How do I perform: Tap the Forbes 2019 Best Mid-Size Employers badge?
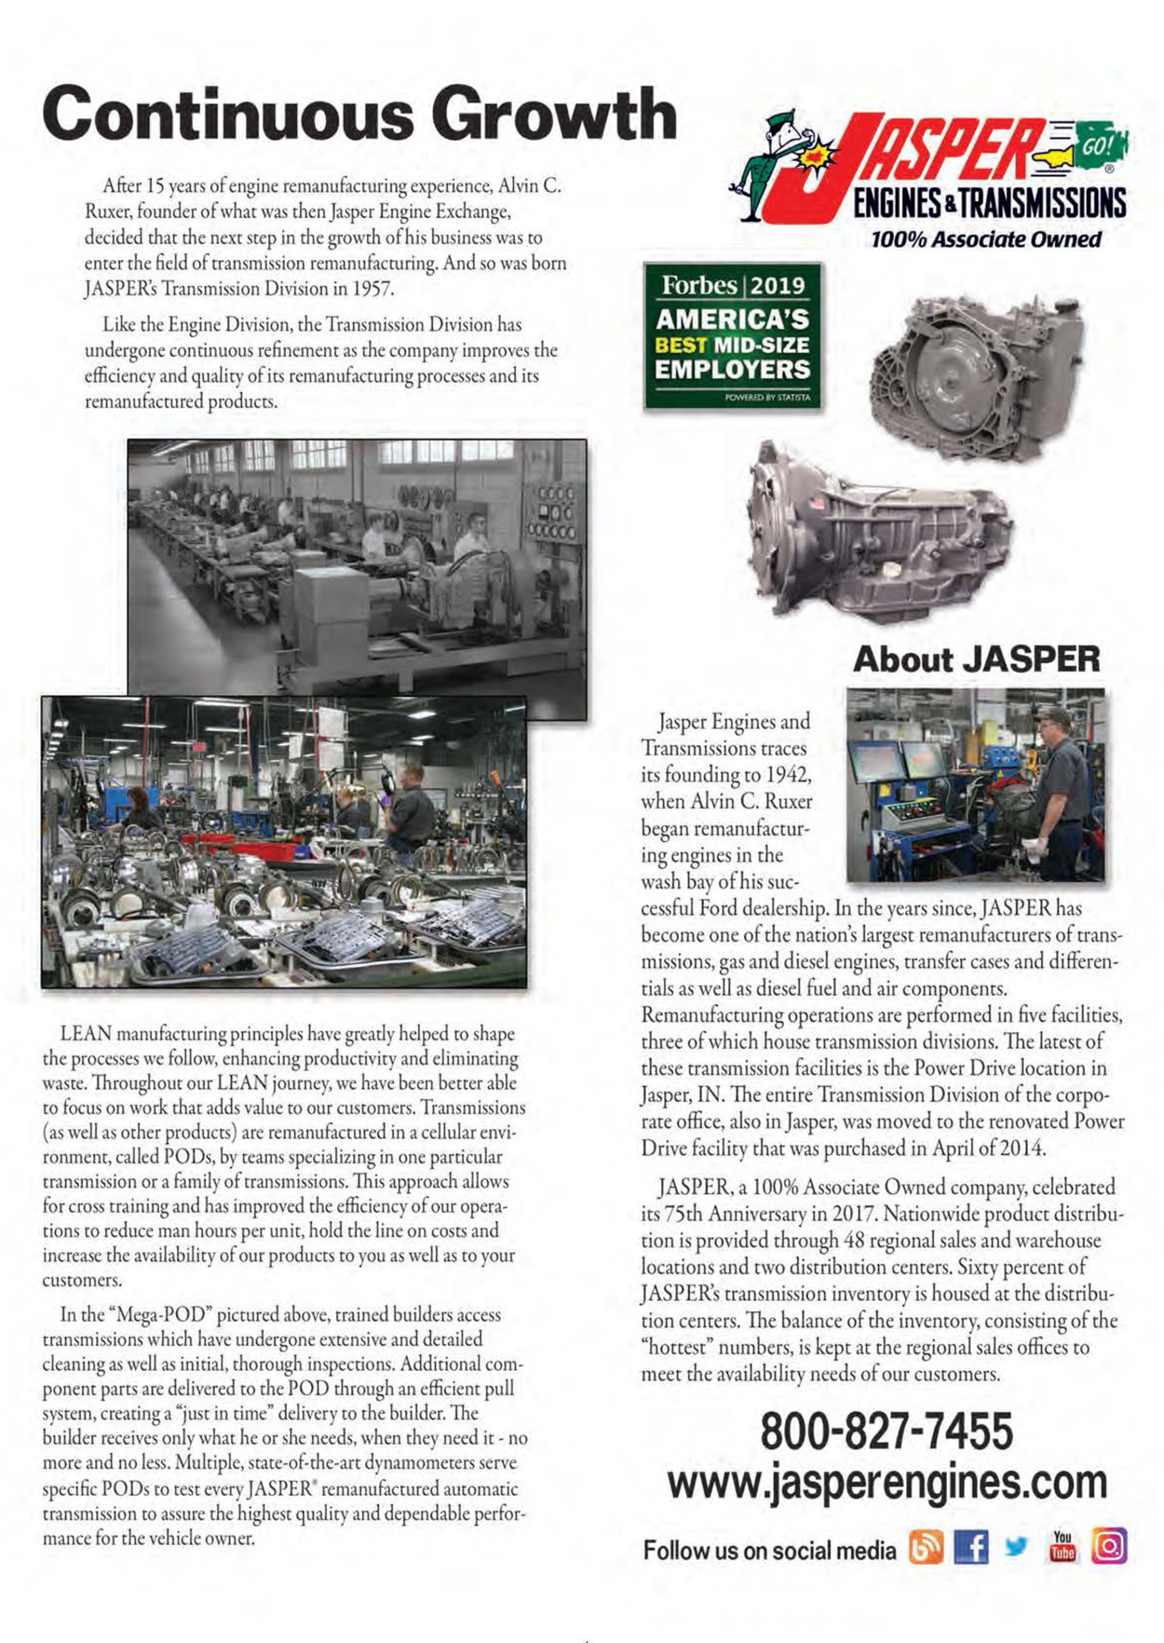point(733,336)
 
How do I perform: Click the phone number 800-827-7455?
point(887,1432)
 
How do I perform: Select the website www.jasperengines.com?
point(887,1481)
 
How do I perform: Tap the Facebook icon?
point(971,1547)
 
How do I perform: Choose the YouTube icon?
point(1062,1547)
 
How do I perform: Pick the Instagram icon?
point(1109,1547)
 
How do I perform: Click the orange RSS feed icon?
point(926,1547)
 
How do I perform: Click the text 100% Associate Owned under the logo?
point(986,239)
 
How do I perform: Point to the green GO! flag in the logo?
point(1101,142)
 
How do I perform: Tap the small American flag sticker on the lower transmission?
point(816,503)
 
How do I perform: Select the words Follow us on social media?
point(769,1550)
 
